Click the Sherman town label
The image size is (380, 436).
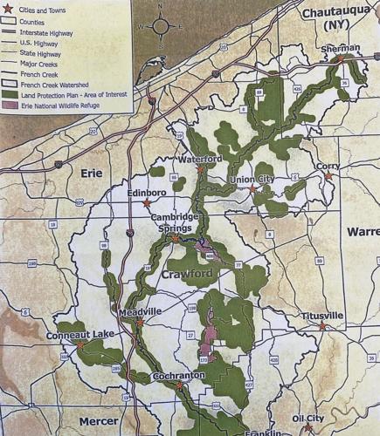[x=340, y=50]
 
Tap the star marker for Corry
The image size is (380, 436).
[x=329, y=176]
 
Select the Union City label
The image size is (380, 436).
[x=251, y=180]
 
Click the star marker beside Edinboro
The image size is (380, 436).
[x=146, y=203]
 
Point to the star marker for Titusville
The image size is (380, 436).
[x=321, y=325]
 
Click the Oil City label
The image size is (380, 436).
[x=308, y=419]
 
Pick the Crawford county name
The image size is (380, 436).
[x=188, y=276]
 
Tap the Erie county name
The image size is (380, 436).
[x=92, y=173]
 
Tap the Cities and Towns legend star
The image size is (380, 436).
[x=8, y=8]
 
